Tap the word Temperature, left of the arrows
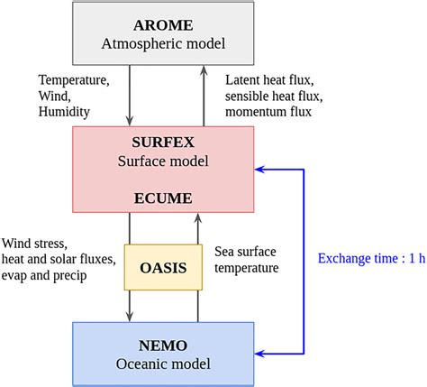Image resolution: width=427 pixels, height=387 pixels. point(75,79)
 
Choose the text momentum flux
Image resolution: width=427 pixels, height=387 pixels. point(268,112)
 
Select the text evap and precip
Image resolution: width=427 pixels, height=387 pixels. point(45,276)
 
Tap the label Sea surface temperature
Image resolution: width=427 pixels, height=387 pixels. point(246,259)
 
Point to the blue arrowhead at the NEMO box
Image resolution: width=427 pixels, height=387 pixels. point(259,352)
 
